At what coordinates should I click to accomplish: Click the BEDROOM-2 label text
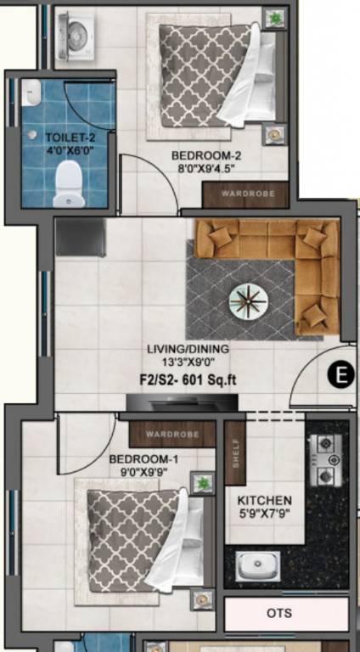[207, 155]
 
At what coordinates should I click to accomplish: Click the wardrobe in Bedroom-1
[172, 435]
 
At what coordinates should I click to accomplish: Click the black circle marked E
[340, 374]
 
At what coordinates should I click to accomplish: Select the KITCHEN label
[265, 501]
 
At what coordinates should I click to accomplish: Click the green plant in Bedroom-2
[274, 17]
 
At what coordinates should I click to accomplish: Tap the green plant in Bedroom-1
[202, 483]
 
